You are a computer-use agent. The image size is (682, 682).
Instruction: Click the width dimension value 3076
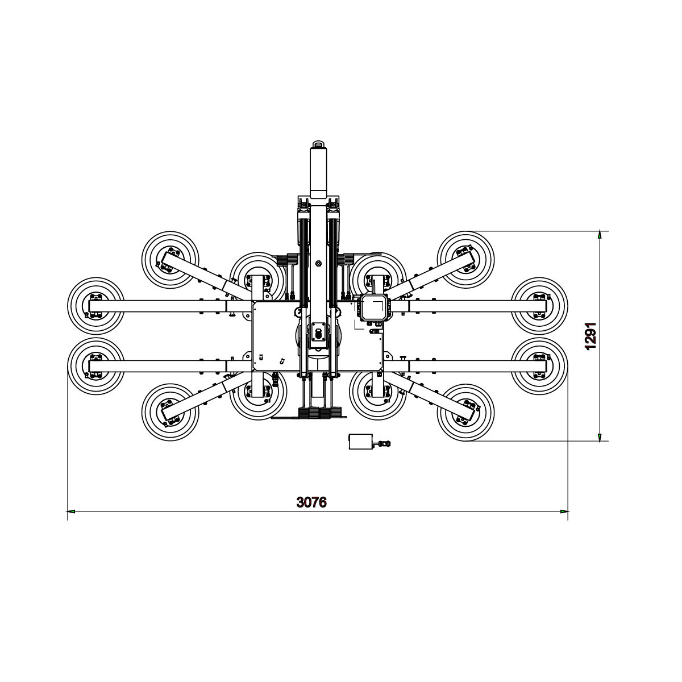(311, 502)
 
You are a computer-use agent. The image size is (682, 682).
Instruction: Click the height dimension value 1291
(590, 336)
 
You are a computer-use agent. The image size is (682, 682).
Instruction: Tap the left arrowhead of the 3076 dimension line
(71, 511)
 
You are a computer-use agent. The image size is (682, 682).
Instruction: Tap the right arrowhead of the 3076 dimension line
(564, 511)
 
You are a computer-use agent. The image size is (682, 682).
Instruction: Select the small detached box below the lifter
(360, 442)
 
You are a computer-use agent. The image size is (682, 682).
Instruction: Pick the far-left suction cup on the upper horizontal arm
(95, 305)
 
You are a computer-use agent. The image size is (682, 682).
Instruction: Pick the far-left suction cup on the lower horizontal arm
(95, 365)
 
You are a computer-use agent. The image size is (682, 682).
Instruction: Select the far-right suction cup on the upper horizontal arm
(539, 305)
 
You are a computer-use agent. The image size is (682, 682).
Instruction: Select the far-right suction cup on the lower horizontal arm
(539, 365)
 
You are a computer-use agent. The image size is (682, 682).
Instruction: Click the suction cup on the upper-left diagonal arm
(169, 259)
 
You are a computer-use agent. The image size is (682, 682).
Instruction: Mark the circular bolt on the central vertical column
(318, 263)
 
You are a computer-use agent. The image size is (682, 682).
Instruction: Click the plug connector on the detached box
(384, 443)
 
